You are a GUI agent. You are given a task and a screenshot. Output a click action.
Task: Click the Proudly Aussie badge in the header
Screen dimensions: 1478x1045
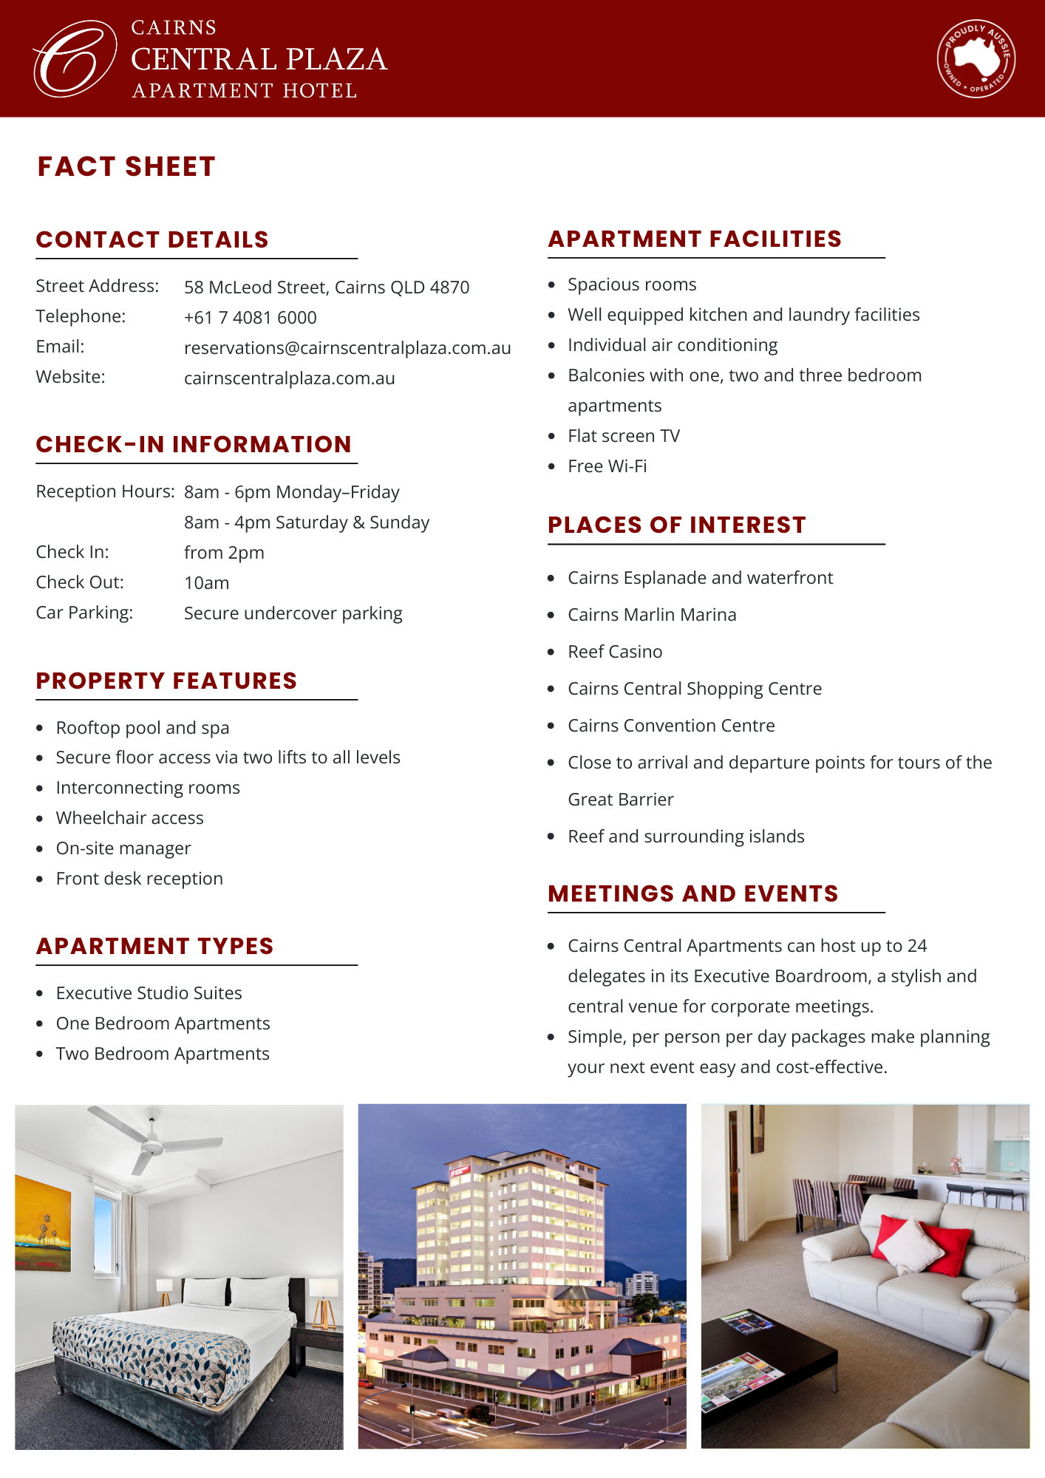click(976, 58)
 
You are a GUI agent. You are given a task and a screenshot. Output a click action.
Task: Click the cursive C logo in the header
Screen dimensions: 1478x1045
click(74, 58)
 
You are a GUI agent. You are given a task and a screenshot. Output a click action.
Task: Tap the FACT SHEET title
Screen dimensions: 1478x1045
click(126, 167)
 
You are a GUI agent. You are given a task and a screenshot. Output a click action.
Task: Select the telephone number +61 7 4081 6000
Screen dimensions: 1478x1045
click(250, 318)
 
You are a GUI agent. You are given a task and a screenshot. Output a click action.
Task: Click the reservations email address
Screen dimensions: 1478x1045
click(347, 348)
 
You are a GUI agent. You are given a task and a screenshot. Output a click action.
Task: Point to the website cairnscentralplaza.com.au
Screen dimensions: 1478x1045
click(289, 378)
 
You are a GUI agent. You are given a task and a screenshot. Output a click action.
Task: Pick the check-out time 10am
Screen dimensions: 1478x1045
click(206, 583)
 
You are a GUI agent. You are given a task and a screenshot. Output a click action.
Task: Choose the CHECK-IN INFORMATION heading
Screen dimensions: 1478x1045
click(194, 444)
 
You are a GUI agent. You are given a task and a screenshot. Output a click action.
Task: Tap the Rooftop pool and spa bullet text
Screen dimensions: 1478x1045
click(143, 728)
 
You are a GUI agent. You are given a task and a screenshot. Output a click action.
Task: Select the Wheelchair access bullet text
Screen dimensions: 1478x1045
click(129, 818)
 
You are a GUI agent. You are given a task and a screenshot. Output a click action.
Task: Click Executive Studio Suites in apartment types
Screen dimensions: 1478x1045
click(149, 993)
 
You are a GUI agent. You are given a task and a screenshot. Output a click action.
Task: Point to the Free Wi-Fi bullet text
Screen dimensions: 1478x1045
click(607, 466)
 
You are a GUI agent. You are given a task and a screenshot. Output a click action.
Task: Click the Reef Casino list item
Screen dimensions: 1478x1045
click(615, 652)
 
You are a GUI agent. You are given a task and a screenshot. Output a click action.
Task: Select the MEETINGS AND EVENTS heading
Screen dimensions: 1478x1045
click(692, 893)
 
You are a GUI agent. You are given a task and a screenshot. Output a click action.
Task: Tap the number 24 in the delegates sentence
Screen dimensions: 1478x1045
click(916, 946)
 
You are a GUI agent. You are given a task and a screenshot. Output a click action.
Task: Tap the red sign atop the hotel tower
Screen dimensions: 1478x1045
click(459, 1170)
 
